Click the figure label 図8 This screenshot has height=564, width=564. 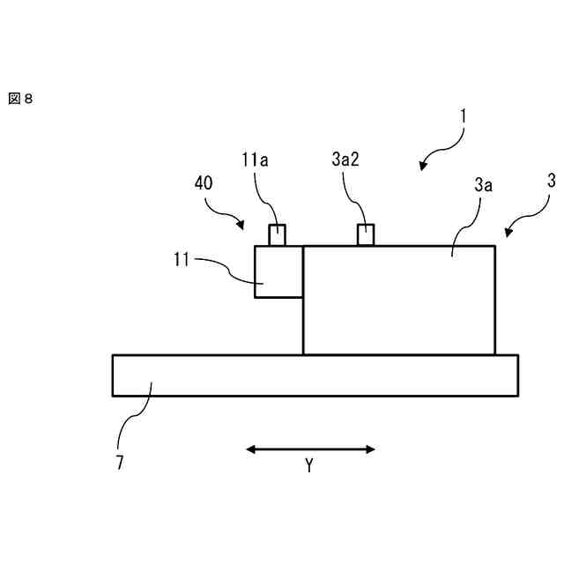(20, 99)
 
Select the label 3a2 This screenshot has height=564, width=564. (345, 160)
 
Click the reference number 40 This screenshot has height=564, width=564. (204, 184)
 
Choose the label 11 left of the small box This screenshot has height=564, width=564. (182, 260)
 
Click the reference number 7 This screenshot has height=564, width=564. (120, 461)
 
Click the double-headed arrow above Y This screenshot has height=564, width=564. (310, 449)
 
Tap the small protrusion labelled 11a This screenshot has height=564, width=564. (278, 235)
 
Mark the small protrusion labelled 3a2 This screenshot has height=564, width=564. (366, 235)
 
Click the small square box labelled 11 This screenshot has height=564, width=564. (278, 271)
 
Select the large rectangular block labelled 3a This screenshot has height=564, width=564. (398, 300)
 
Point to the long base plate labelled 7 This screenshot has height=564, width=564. (315, 375)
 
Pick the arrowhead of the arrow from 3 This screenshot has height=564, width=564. (508, 233)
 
